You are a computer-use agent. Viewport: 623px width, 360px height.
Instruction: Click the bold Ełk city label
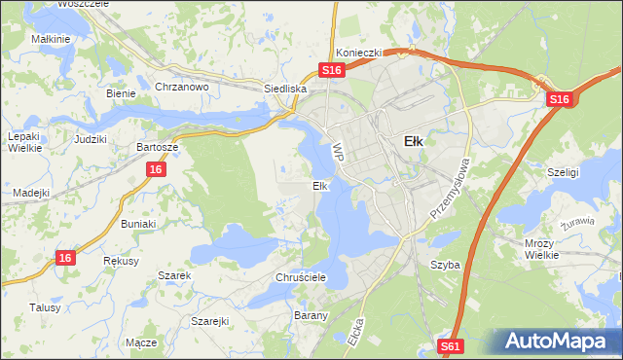tap(413, 141)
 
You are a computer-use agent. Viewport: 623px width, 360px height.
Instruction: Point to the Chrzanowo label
tap(182, 87)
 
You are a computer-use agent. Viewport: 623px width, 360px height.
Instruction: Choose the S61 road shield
tap(449, 345)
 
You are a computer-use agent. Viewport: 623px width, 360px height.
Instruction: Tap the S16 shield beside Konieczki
tap(332, 71)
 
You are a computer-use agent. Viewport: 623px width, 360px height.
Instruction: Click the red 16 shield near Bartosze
tap(156, 169)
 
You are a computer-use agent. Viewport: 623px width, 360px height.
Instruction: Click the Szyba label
tap(445, 265)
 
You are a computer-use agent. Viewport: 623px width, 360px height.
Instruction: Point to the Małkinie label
tap(51, 39)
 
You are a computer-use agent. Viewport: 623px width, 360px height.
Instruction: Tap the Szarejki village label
tap(209, 321)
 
